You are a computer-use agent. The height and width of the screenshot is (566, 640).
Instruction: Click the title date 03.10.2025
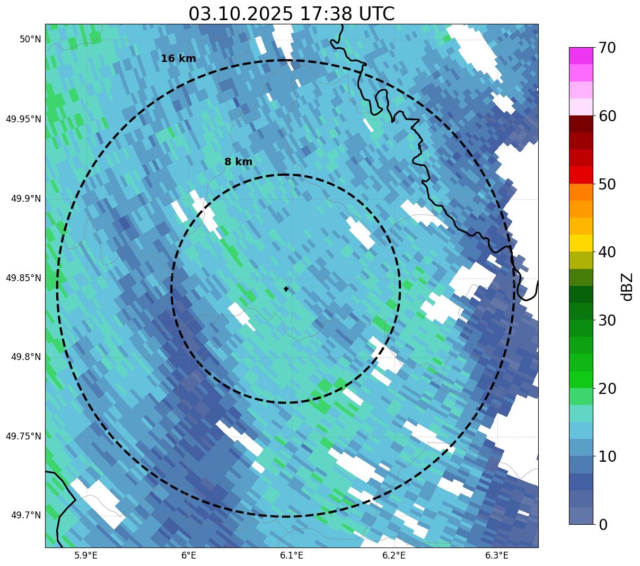pyautogui.click(x=240, y=14)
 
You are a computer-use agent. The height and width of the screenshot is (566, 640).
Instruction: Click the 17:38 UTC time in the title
pyautogui.click(x=347, y=14)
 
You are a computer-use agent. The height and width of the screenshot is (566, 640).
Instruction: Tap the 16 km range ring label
pyautogui.click(x=178, y=59)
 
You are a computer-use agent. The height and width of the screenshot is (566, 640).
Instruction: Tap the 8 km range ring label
pyautogui.click(x=238, y=162)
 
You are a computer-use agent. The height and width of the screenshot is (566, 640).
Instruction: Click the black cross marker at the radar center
pyautogui.click(x=286, y=289)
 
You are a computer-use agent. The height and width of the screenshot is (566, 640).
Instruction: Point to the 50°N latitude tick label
pyautogui.click(x=30, y=39)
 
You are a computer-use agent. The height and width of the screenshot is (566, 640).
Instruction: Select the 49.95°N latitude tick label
pyautogui.click(x=23, y=119)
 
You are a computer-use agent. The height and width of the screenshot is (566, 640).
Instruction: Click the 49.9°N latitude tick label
pyautogui.click(x=26, y=199)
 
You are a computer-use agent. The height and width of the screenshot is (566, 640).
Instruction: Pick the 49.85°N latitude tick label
pyautogui.click(x=23, y=278)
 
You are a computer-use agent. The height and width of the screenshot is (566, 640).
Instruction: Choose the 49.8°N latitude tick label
pyautogui.click(x=26, y=357)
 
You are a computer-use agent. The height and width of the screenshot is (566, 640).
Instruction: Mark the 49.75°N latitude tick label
pyautogui.click(x=23, y=436)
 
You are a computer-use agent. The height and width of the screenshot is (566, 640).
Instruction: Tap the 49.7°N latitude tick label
pyautogui.click(x=26, y=515)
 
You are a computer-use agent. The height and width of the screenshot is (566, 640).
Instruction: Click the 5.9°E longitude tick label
pyautogui.click(x=86, y=555)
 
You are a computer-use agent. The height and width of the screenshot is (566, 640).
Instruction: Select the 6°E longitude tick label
pyautogui.click(x=189, y=555)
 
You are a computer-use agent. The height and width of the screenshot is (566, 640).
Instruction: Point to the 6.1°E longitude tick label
pyautogui.click(x=292, y=555)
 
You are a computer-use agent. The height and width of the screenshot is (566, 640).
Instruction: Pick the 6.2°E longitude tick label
pyautogui.click(x=394, y=555)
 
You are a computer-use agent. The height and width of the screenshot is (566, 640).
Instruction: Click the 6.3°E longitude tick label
pyautogui.click(x=497, y=555)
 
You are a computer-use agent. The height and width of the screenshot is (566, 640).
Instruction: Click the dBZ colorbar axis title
pyautogui.click(x=628, y=287)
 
